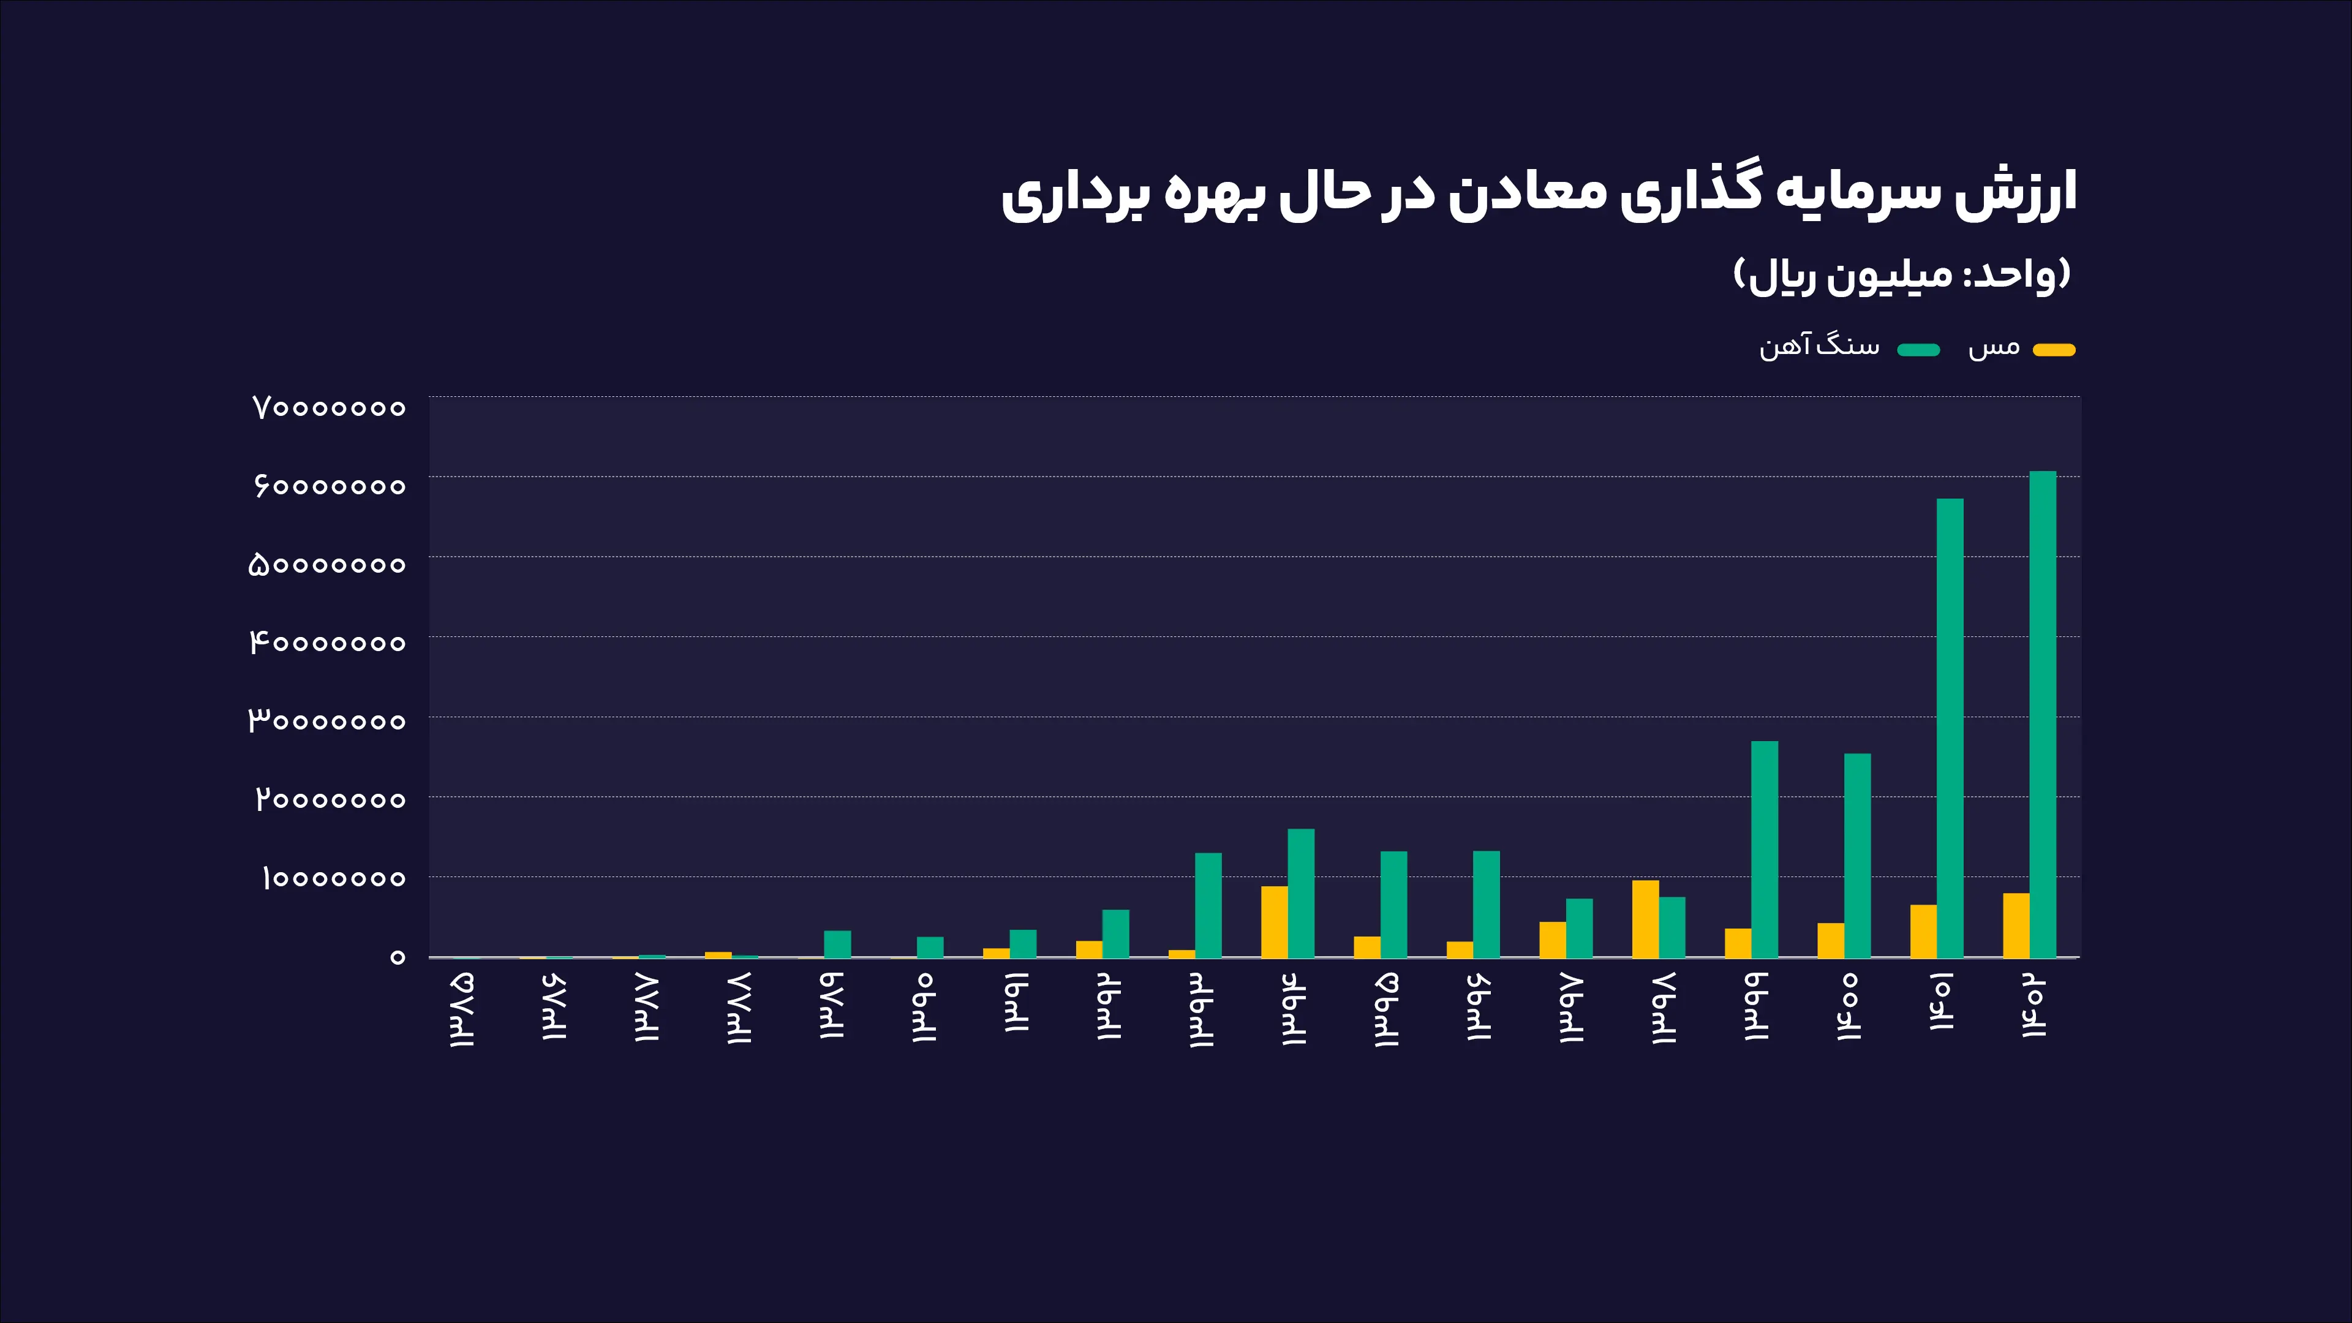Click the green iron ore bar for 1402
point(2043,714)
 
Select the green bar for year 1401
point(1950,728)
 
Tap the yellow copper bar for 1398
point(1645,919)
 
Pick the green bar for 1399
point(1765,849)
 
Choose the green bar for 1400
point(1857,856)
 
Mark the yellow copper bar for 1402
point(2016,925)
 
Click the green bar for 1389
point(837,944)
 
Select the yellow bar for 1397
point(1552,940)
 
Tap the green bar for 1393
point(1208,905)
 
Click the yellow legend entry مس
point(2021,348)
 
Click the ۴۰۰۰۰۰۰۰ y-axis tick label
point(328,643)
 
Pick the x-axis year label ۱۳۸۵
point(462,1009)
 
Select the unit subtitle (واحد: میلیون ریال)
point(1902,275)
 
